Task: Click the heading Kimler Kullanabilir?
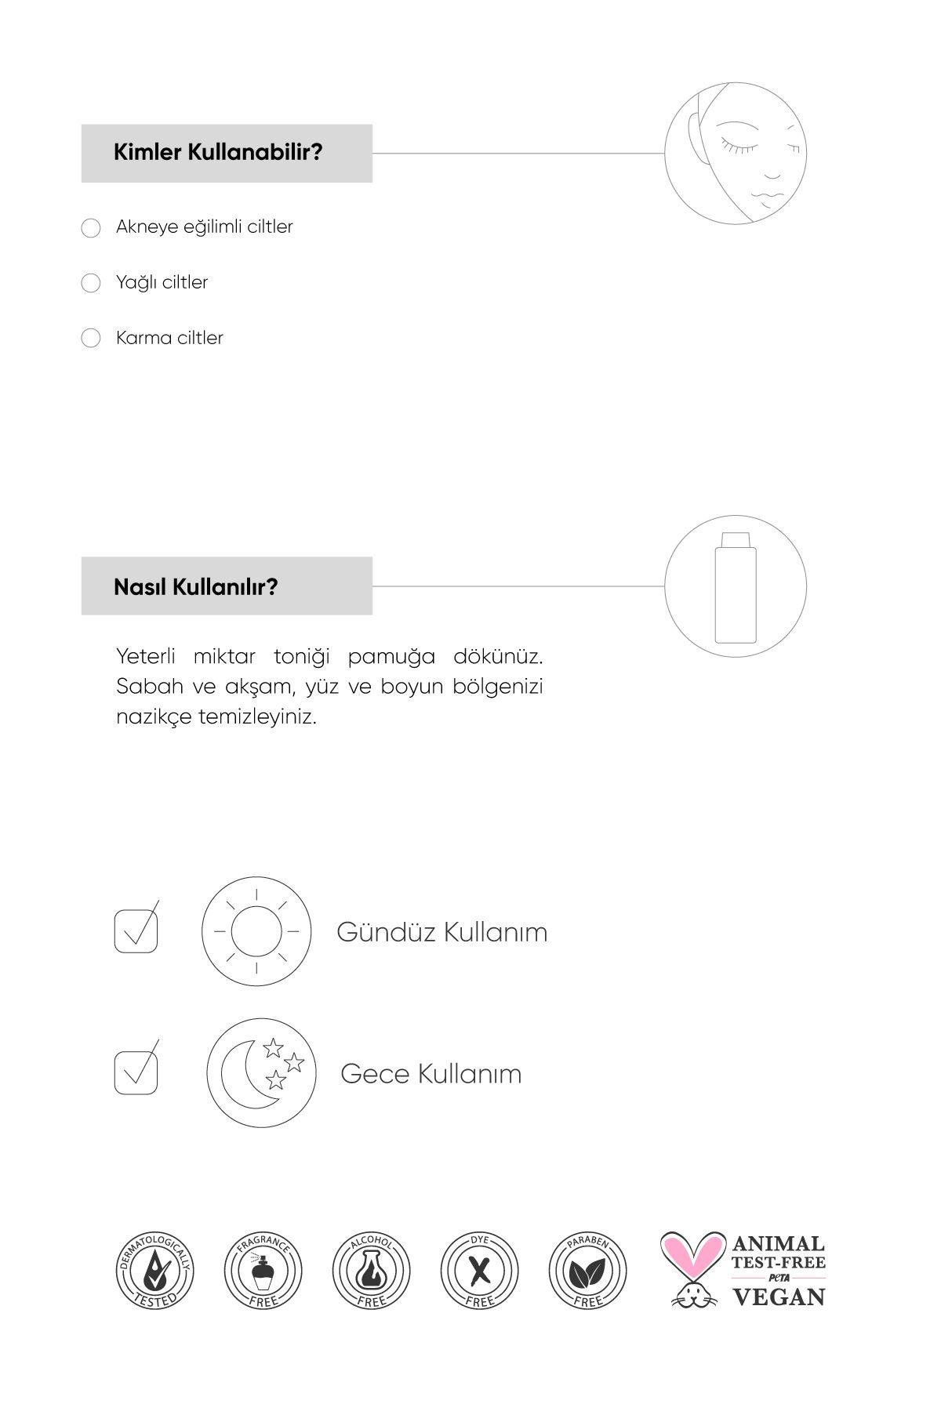[x=218, y=152]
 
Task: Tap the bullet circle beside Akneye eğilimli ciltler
[x=91, y=227]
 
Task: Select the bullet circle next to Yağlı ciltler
[x=91, y=283]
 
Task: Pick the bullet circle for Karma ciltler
[x=91, y=339]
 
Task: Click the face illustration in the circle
[x=736, y=153]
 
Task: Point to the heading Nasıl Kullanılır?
[x=196, y=586]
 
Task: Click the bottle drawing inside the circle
[x=736, y=586]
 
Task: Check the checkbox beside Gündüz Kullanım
[x=136, y=930]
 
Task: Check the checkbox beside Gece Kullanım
[x=136, y=1072]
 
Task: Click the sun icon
[x=256, y=931]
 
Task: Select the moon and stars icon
[x=261, y=1072]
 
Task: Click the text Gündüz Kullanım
[x=441, y=932]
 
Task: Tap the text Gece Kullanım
[x=431, y=1073]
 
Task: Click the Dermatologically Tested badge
[x=154, y=1271]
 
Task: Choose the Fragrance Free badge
[x=263, y=1271]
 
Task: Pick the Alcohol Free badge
[x=371, y=1271]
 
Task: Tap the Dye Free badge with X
[x=479, y=1271]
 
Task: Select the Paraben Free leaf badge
[x=587, y=1271]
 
